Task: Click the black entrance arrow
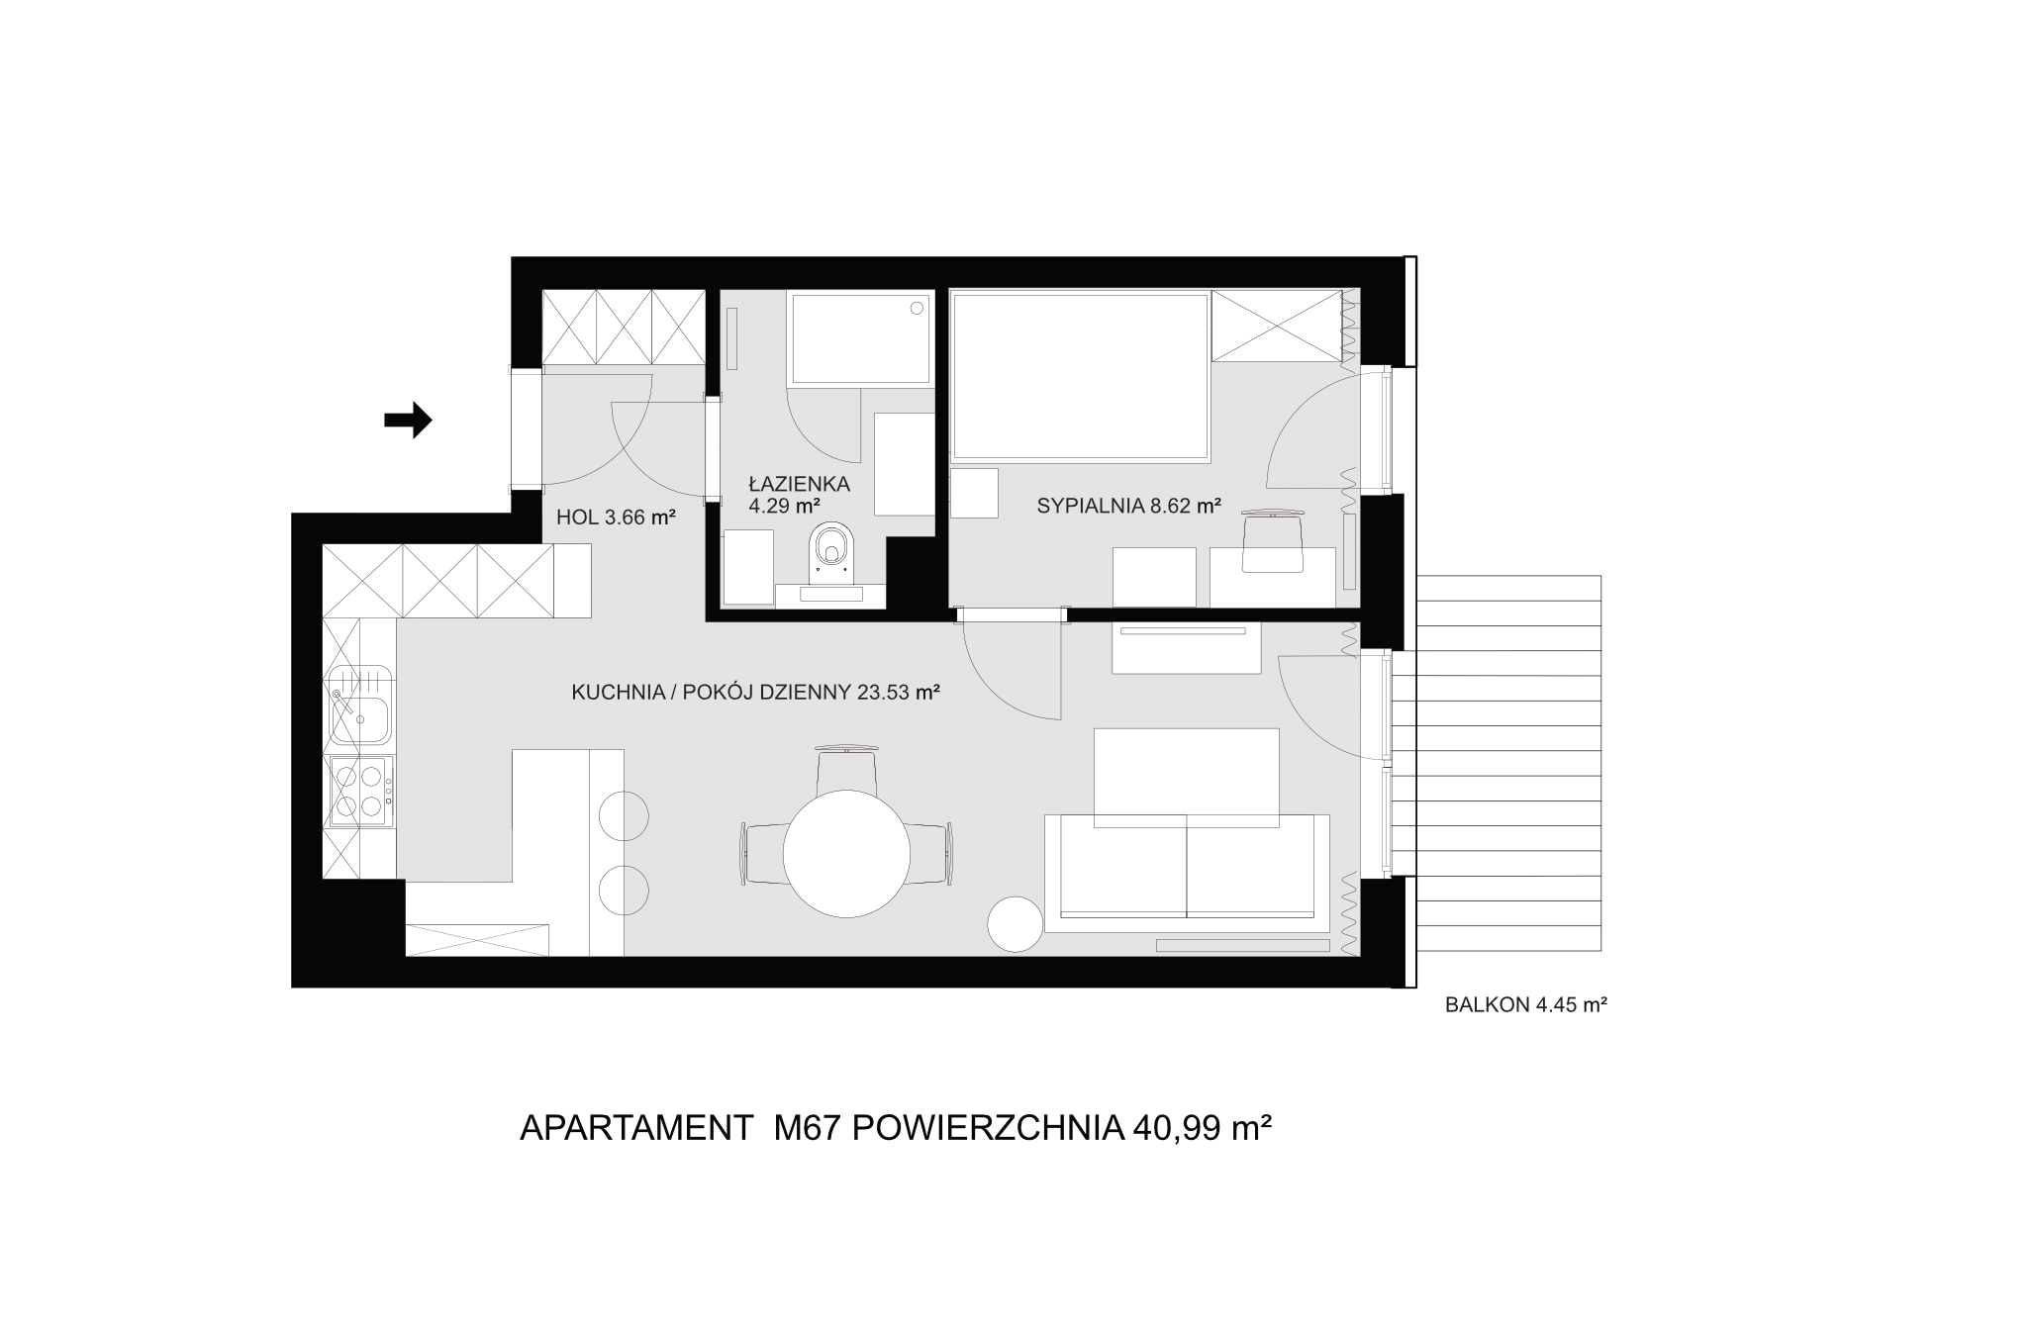point(408,421)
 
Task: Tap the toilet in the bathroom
point(829,552)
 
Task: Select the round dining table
point(846,854)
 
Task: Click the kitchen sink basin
point(359,719)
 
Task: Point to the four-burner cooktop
point(358,791)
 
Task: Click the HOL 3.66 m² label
point(616,516)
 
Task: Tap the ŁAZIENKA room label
point(800,484)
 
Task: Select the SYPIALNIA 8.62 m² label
point(1128,507)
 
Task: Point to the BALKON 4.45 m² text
point(1525,1005)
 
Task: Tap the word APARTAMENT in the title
point(636,1128)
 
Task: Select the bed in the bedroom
point(1081,376)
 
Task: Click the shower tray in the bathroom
point(860,336)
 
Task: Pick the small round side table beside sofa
point(1016,924)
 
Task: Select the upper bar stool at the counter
point(625,816)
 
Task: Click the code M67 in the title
point(807,1128)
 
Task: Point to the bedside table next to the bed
point(974,493)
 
